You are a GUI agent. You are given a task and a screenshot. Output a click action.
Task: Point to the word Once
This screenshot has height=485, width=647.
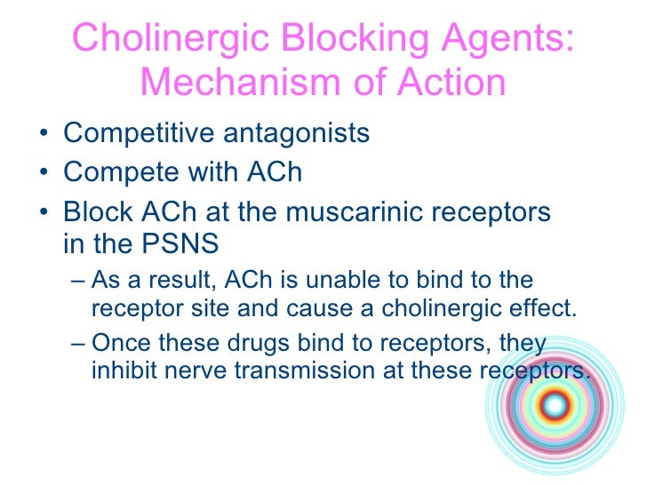(x=124, y=344)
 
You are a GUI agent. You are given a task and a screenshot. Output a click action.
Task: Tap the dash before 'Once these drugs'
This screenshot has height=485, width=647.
(x=77, y=344)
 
